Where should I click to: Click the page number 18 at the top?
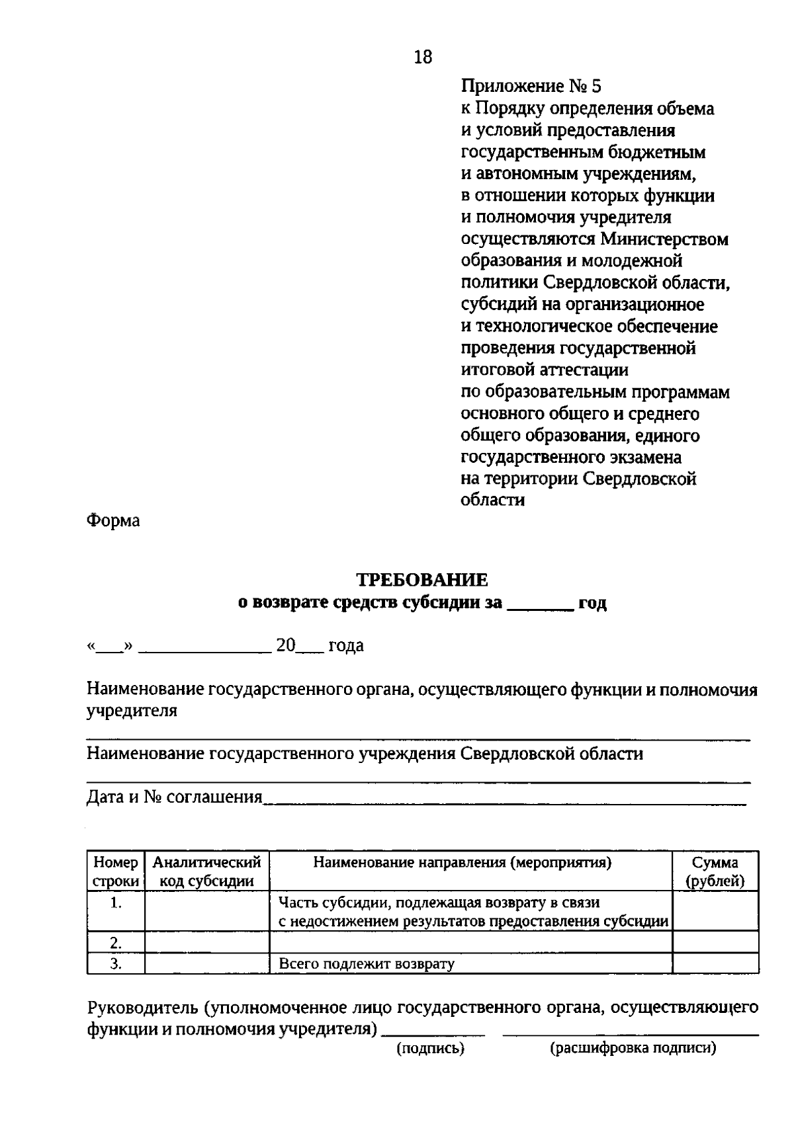click(x=423, y=58)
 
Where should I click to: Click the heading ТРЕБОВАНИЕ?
click(x=422, y=580)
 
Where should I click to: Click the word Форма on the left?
click(x=113, y=520)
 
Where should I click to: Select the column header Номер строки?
click(x=116, y=871)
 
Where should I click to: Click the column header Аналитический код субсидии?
click(x=206, y=871)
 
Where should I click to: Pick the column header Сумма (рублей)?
click(x=715, y=871)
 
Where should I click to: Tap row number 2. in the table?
click(x=116, y=942)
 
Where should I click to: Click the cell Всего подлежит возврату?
click(x=367, y=963)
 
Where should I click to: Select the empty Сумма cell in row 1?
click(x=715, y=911)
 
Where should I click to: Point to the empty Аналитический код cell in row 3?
click(x=206, y=963)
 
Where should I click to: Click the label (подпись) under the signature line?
click(x=430, y=1049)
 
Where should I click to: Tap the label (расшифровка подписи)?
click(x=633, y=1049)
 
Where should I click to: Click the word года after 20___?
click(x=346, y=645)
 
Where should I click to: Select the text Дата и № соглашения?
click(x=175, y=797)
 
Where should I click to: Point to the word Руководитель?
click(x=142, y=1008)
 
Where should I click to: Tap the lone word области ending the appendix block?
click(x=492, y=500)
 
